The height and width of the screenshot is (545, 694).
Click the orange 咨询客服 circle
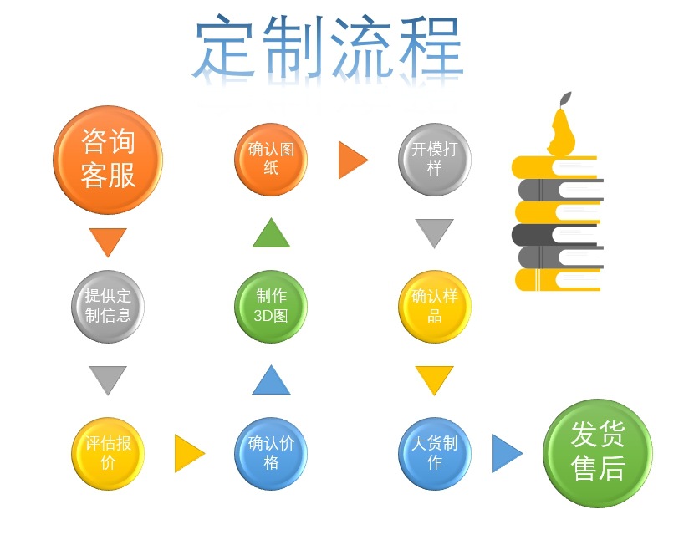[x=107, y=160]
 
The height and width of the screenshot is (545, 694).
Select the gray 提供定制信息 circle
[x=107, y=306]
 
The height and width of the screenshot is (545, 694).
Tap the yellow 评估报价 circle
[x=108, y=453]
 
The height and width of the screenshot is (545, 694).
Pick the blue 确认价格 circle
[x=271, y=453]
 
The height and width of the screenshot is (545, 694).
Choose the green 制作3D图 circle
[x=271, y=306]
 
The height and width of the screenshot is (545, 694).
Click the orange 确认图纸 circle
[x=271, y=159]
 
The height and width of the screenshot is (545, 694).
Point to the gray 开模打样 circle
[x=434, y=159]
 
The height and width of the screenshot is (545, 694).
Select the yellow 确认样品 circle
[x=434, y=306]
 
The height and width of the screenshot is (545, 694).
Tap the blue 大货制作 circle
[x=434, y=453]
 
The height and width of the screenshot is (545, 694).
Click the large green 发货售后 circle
[x=597, y=452]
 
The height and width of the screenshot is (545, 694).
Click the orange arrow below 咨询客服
[x=107, y=241]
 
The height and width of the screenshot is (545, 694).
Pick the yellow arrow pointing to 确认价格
[x=188, y=453]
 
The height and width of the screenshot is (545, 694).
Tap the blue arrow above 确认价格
[x=271, y=381]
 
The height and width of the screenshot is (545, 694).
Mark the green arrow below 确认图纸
[x=271, y=234]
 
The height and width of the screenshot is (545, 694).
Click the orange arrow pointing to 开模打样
[x=351, y=160]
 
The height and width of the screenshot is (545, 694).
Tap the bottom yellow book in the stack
[x=556, y=279]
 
